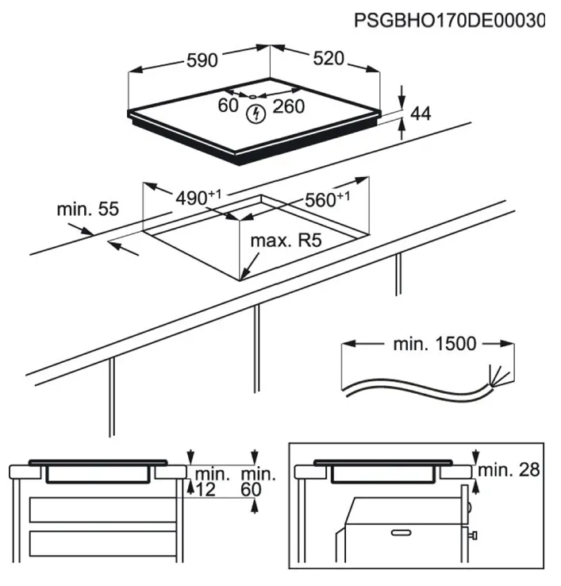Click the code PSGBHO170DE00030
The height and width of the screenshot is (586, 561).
(x=449, y=20)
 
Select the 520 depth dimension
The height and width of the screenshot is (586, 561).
(x=328, y=59)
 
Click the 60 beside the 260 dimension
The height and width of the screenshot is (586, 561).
(x=229, y=106)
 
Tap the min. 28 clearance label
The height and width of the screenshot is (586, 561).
(x=511, y=470)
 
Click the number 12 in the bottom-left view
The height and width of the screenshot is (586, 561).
(x=206, y=490)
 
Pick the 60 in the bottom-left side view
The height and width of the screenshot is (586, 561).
(x=252, y=490)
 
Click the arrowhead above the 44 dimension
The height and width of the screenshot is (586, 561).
(x=402, y=94)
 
